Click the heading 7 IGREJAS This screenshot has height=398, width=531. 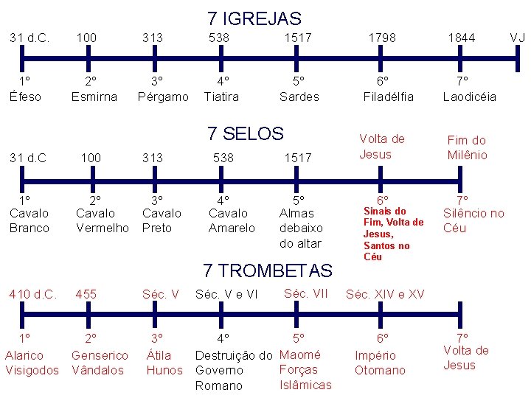tap(254, 18)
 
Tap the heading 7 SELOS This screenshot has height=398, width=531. tap(246, 133)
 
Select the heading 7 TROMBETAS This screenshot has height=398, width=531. tap(268, 270)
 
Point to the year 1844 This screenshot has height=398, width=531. tap(462, 38)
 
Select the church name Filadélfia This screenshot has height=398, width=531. tap(389, 97)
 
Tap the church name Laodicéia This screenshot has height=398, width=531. tap(469, 97)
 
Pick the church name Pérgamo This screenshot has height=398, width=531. tap(163, 97)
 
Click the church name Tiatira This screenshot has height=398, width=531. tap(221, 97)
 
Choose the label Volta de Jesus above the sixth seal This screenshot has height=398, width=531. tap(381, 146)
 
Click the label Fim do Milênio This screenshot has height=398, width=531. tap(468, 147)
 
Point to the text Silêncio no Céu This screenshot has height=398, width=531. tap(473, 220)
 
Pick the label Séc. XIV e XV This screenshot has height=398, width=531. tap(385, 294)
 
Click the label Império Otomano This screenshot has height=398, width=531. tap(381, 362)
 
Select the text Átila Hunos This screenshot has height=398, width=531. tap(164, 362)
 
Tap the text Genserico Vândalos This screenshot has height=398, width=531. tap(100, 362)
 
